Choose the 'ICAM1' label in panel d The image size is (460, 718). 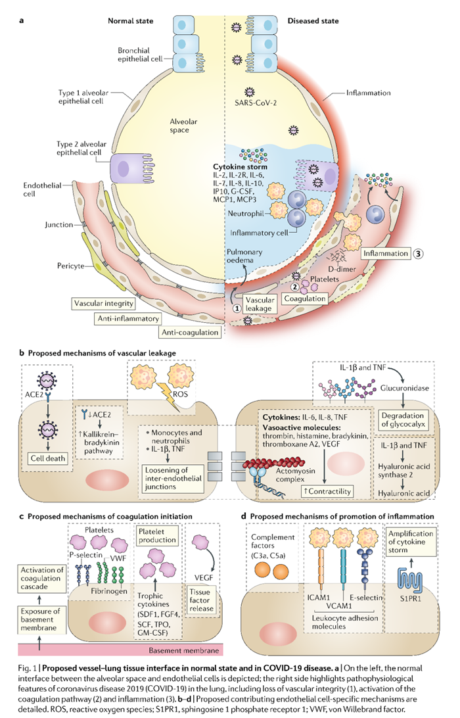pyautogui.click(x=281, y=597)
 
